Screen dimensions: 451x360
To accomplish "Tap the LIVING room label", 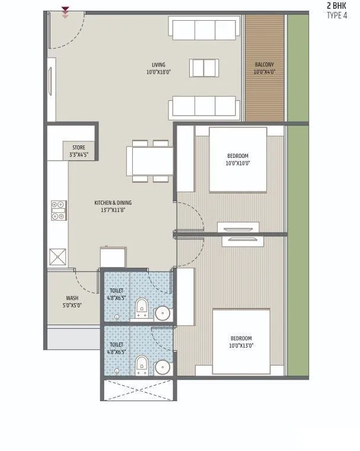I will coord(158,65).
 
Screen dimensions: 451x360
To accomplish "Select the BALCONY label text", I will coord(265,65).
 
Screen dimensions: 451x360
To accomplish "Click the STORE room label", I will coord(79,147).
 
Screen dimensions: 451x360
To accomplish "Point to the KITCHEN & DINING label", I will coord(113,203).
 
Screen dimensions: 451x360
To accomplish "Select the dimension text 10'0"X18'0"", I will coord(158,72).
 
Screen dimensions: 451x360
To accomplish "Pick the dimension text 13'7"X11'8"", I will coord(113,210).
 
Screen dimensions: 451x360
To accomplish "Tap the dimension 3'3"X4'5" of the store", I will coord(79,154).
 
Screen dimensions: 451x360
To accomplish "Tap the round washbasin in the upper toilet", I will coord(162,313).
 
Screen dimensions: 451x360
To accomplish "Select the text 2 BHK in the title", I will coord(337,5).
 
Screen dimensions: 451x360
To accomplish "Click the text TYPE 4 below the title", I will coord(337,15).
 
